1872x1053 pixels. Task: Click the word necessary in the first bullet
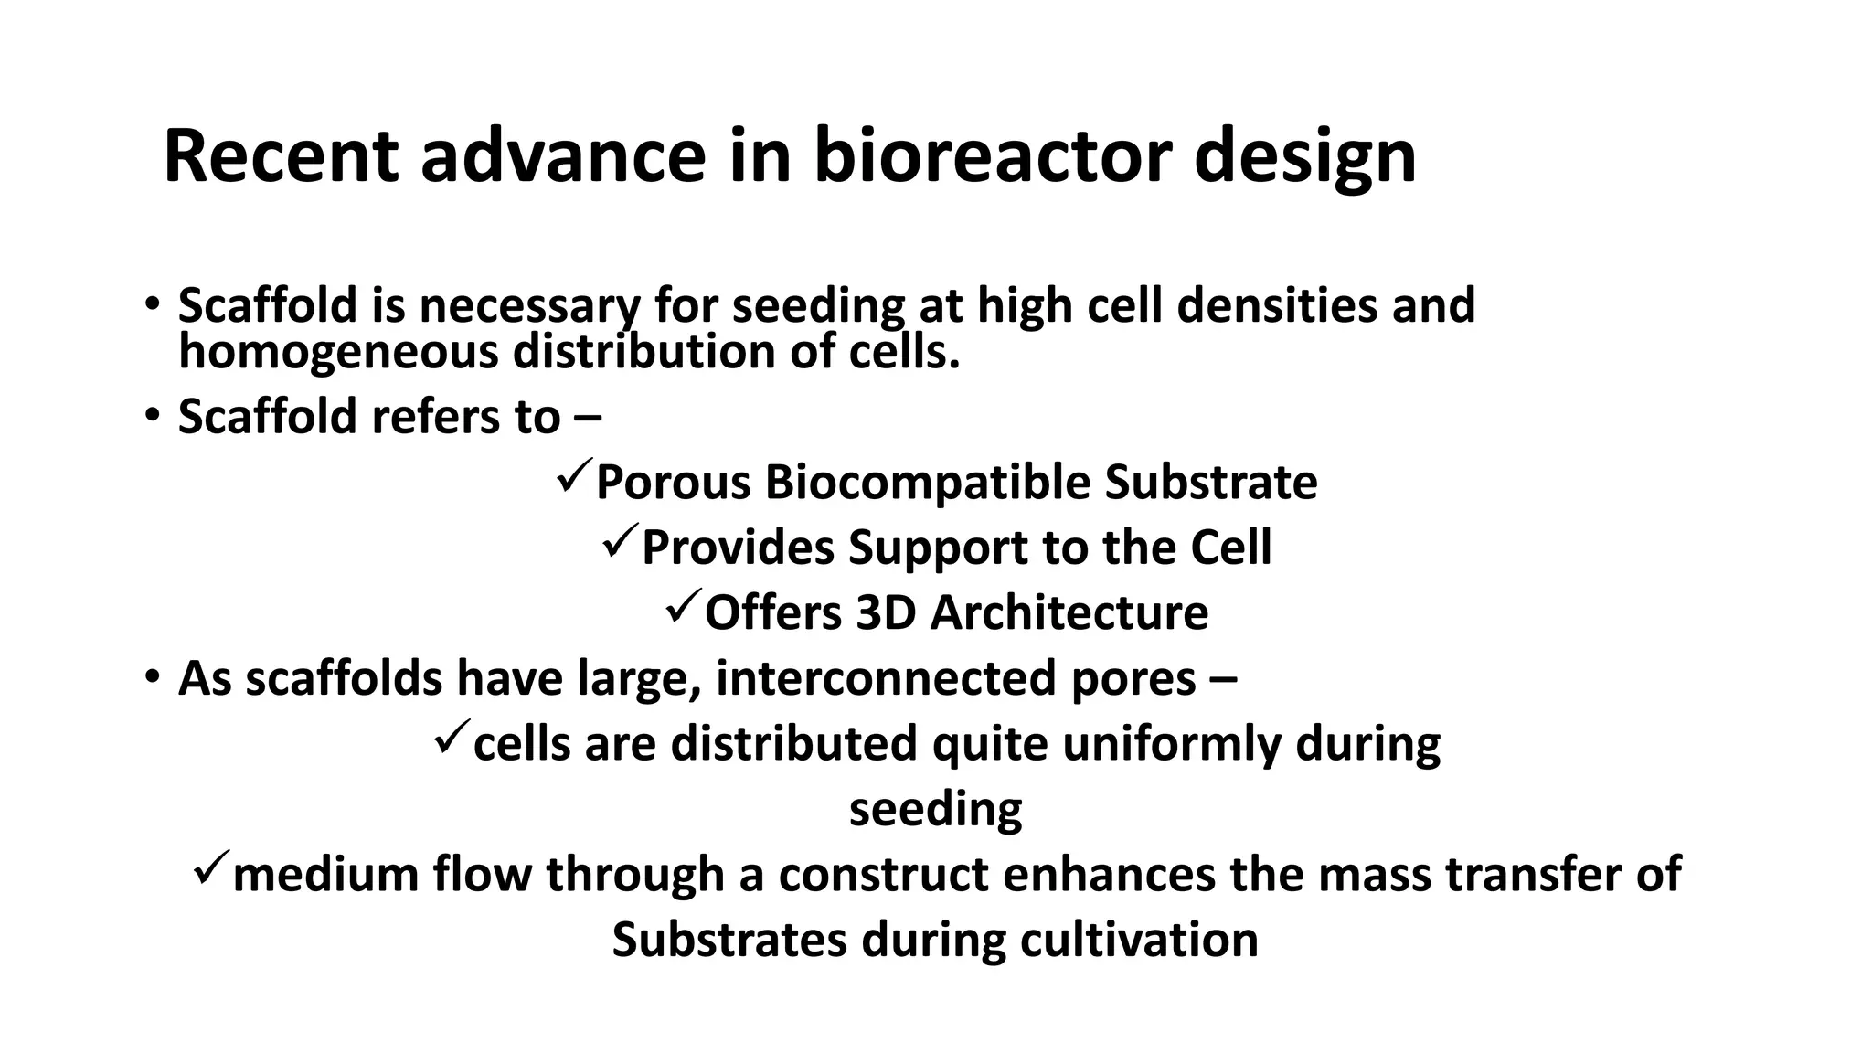tap(529, 306)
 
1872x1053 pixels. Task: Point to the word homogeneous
tap(337, 353)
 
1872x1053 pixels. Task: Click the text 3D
tap(886, 612)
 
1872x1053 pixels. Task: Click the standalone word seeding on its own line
tap(935, 809)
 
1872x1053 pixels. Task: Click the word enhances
tap(1109, 874)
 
